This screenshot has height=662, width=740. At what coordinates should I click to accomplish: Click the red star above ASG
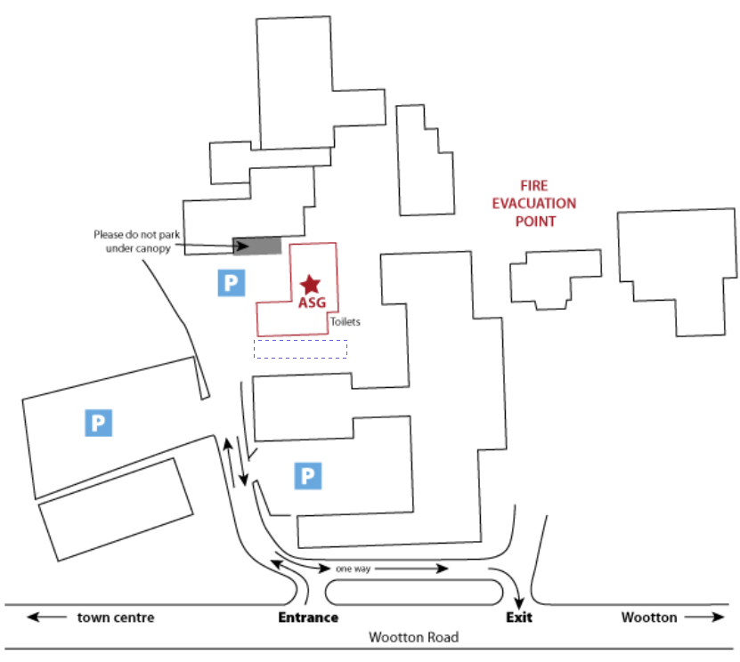pos(310,284)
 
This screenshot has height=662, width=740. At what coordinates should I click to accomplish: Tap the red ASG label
pos(312,303)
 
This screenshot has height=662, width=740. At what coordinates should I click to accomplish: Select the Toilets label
pos(345,322)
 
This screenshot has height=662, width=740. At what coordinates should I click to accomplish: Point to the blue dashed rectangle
pos(300,349)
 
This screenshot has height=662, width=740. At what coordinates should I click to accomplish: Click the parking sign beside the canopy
pos(231,284)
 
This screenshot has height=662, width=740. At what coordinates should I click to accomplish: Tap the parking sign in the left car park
pos(98,423)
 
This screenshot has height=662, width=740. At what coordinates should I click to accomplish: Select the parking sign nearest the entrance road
pos(308,476)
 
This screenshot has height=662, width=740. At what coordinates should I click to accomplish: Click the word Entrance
pos(309,618)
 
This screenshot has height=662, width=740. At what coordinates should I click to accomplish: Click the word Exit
pos(519,618)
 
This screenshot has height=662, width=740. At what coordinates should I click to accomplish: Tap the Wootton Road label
pos(414,637)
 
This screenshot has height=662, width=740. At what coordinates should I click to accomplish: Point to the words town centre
pos(116,618)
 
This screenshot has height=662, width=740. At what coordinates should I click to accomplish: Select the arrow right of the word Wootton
pos(703,618)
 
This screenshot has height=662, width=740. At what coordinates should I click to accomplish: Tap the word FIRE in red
pos(534,186)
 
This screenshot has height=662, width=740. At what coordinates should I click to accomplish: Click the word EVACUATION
pos(534,204)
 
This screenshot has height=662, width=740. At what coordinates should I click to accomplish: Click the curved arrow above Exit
pos(509,581)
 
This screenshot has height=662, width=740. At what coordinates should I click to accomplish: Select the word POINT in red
pos(534,222)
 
